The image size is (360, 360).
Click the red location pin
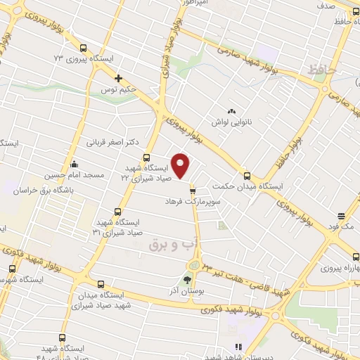click(181, 166)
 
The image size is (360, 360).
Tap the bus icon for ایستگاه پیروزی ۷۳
click(84, 49)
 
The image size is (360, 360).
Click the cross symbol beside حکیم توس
click(118, 78)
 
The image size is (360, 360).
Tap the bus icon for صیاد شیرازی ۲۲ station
click(147, 157)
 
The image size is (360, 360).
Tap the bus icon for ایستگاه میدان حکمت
click(247, 176)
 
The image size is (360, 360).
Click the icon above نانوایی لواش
click(231, 110)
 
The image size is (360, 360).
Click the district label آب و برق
click(170, 243)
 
